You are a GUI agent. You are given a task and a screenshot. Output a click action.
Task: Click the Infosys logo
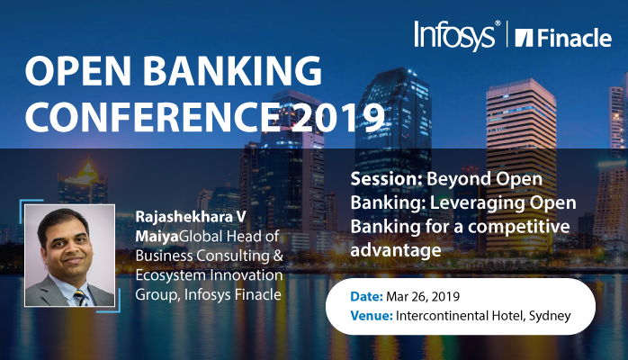[455, 35]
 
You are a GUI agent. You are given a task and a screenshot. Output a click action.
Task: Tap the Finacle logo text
[567, 37]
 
